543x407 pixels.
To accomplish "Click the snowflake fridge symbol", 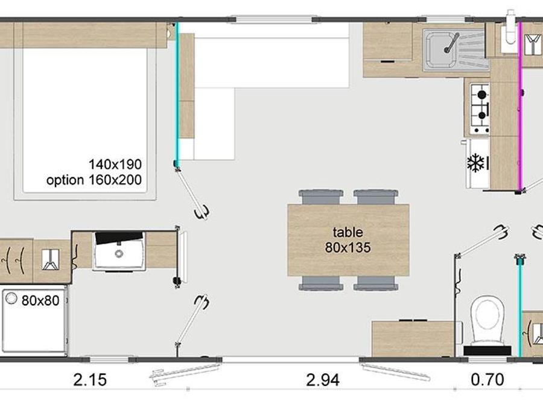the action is coord(476,163).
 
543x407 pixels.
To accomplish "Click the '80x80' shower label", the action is coord(40,300).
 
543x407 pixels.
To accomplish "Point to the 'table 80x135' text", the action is coord(348,239).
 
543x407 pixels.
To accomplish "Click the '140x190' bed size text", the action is coord(115,165).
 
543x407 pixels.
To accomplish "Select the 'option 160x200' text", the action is coord(94,180).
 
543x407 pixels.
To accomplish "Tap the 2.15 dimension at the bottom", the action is coord(90,380).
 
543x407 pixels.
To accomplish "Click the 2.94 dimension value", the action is coord(323,380).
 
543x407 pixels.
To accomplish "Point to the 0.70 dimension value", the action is coord(487,380).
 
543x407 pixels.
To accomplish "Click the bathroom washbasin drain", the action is coord(119,254).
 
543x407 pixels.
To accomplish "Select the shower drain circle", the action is coord(11,298).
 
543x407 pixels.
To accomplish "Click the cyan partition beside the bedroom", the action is coord(177,93).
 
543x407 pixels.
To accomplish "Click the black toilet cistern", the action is coord(487,350).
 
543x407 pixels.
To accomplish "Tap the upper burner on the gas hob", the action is coord(481,95).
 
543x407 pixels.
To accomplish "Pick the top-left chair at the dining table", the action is coord(321,197).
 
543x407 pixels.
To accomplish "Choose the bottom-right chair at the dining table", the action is coord(376,283).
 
